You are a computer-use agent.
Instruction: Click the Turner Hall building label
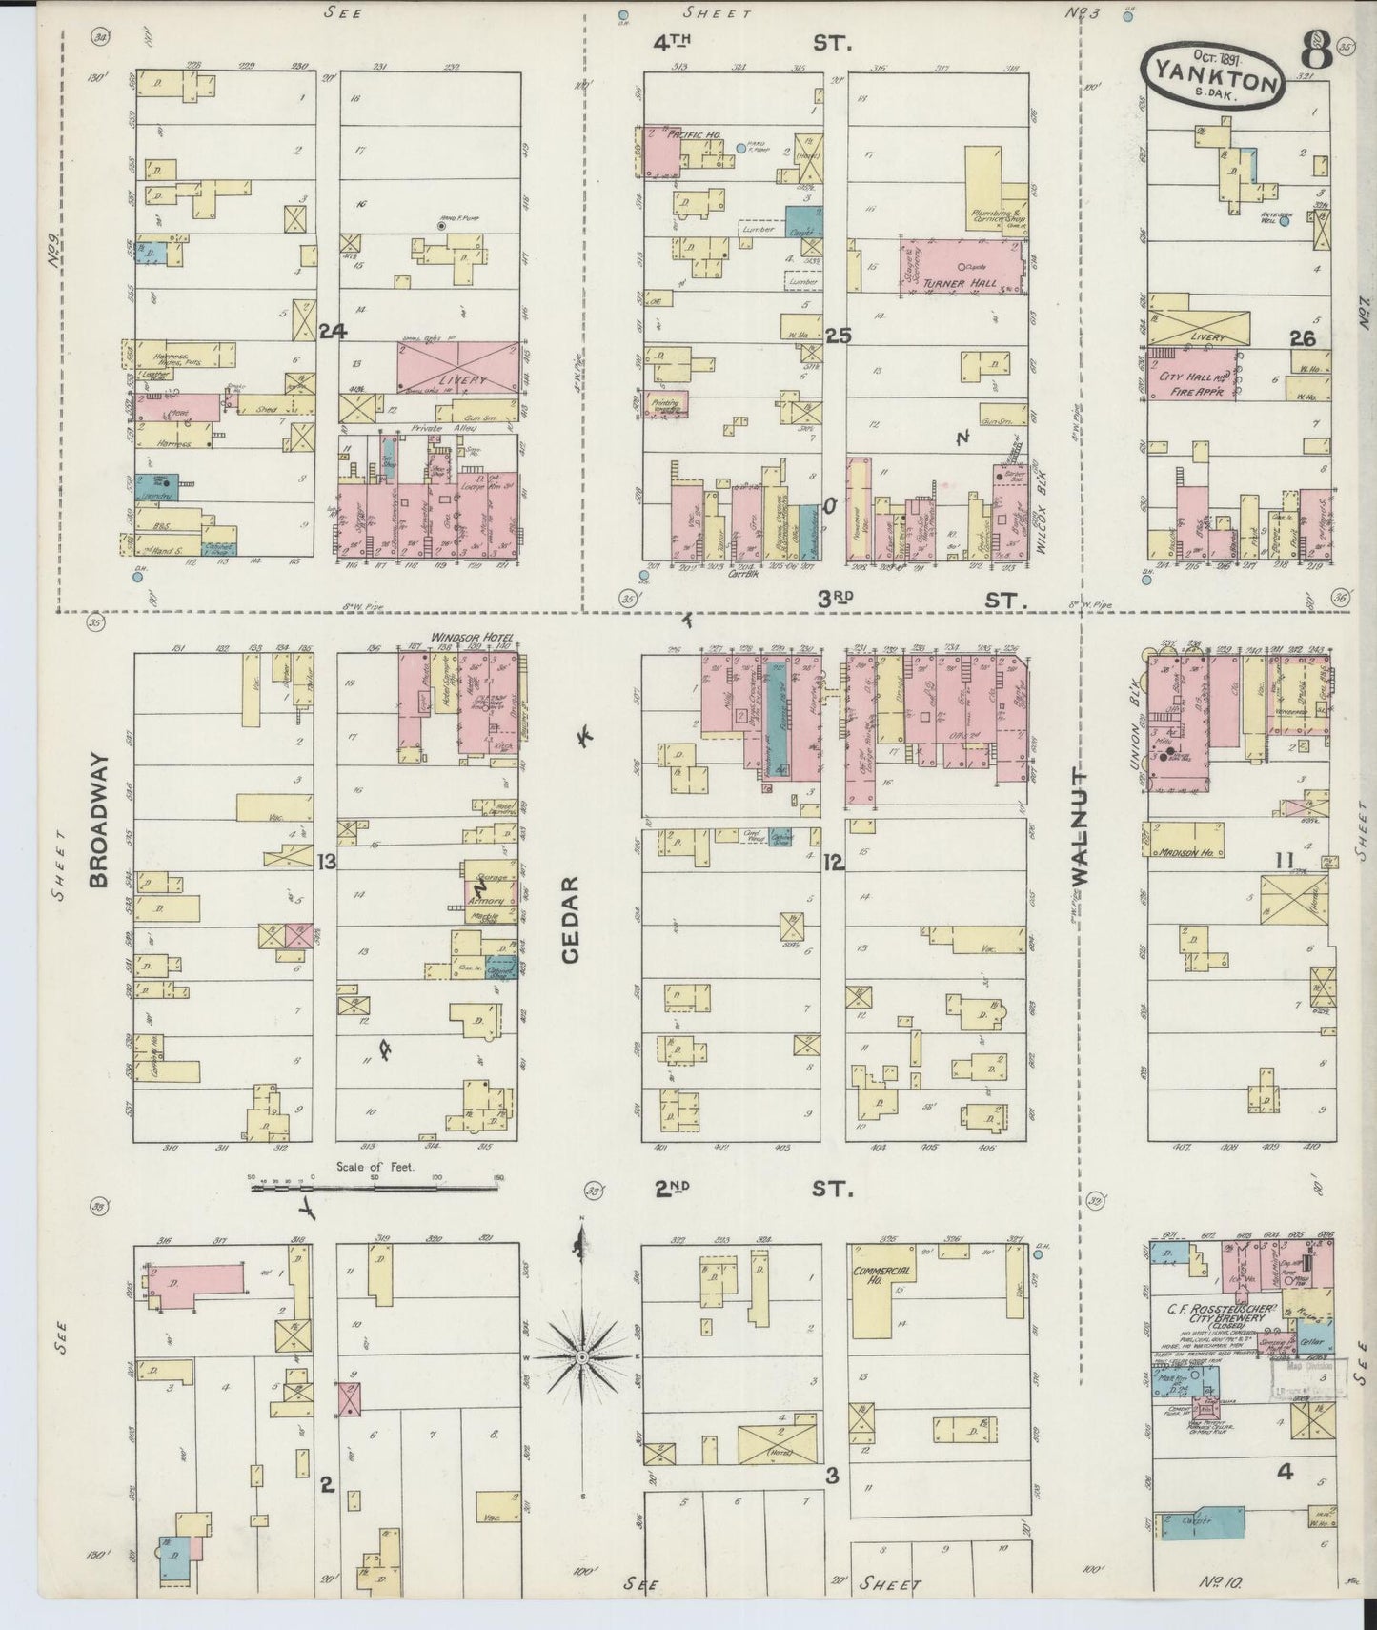pyautogui.click(x=965, y=284)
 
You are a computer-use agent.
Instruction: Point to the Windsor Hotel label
pyautogui.click(x=473, y=637)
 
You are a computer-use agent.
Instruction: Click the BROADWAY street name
pyautogui.click(x=102, y=823)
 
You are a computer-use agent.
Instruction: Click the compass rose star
pyautogui.click(x=580, y=1355)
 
